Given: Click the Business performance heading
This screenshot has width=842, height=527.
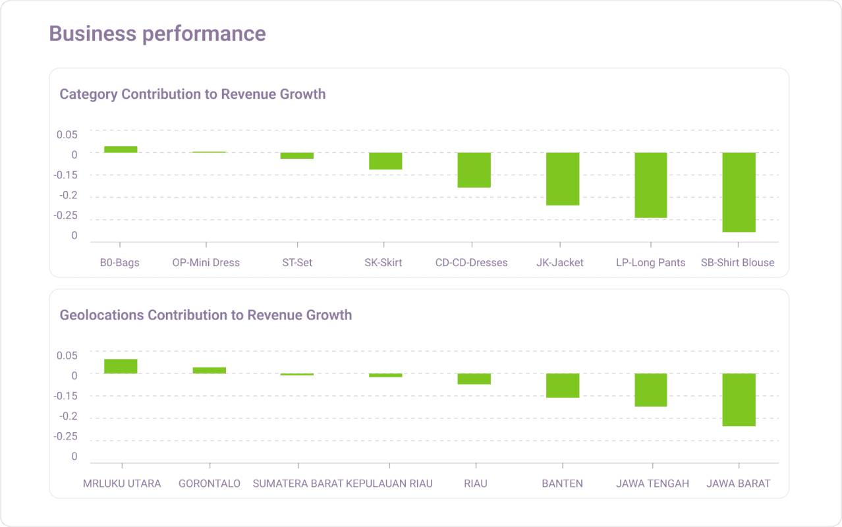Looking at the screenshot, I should tap(157, 34).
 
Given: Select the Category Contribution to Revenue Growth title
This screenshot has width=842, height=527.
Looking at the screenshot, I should tap(192, 94).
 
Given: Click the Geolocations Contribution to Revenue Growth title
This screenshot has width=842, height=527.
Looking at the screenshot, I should tap(206, 315).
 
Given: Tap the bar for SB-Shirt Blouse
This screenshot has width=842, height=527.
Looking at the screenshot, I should tap(739, 192).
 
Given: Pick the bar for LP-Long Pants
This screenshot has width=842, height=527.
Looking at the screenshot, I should tap(651, 185).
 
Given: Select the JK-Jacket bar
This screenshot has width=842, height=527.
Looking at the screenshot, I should tap(563, 179).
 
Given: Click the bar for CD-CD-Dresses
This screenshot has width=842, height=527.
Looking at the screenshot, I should tap(474, 170).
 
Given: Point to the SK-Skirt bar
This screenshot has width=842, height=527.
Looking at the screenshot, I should tap(385, 161).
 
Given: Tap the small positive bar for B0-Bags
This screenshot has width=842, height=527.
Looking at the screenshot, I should tap(121, 150).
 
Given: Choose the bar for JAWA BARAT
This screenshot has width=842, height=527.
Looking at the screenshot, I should tap(739, 400).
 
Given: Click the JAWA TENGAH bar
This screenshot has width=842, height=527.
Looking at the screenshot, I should tap(651, 390).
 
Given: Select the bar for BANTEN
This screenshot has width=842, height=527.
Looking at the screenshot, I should tap(563, 385).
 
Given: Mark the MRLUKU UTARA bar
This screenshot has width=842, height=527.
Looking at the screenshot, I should tap(121, 366).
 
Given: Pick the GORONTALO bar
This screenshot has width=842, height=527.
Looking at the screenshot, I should tap(209, 370).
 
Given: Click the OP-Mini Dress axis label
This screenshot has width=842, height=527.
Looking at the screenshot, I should tap(206, 263).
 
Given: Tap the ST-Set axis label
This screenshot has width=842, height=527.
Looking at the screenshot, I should tap(297, 263).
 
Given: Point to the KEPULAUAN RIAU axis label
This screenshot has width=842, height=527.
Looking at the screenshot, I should tap(389, 484).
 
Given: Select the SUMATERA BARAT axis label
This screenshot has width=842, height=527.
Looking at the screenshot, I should tap(298, 484).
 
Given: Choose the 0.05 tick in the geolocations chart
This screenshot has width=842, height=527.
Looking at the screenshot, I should tap(67, 355).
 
